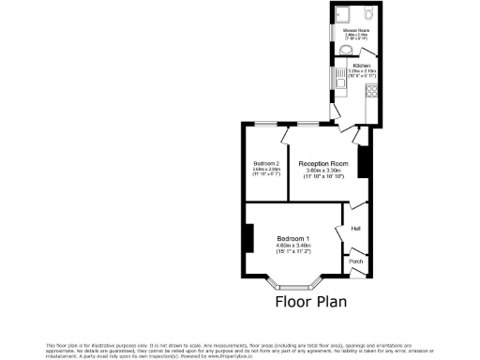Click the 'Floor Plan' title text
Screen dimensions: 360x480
[x=310, y=302]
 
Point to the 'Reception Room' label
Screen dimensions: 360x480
[x=323, y=163]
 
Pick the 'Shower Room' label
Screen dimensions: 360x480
[x=354, y=30]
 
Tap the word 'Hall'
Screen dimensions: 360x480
[x=355, y=228]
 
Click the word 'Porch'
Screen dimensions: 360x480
[x=355, y=262]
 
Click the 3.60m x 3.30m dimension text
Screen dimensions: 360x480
[x=323, y=170]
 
